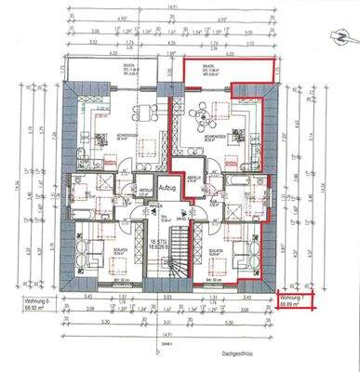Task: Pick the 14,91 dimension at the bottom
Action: [167, 328]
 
